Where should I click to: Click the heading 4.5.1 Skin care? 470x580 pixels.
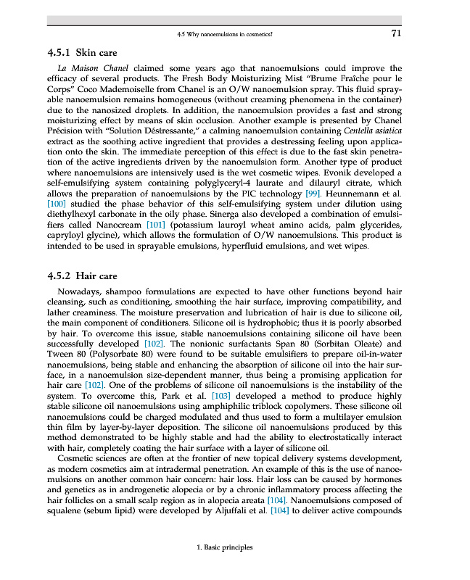tap(81, 53)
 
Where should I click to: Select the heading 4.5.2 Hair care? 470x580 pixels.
tap(82, 275)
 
